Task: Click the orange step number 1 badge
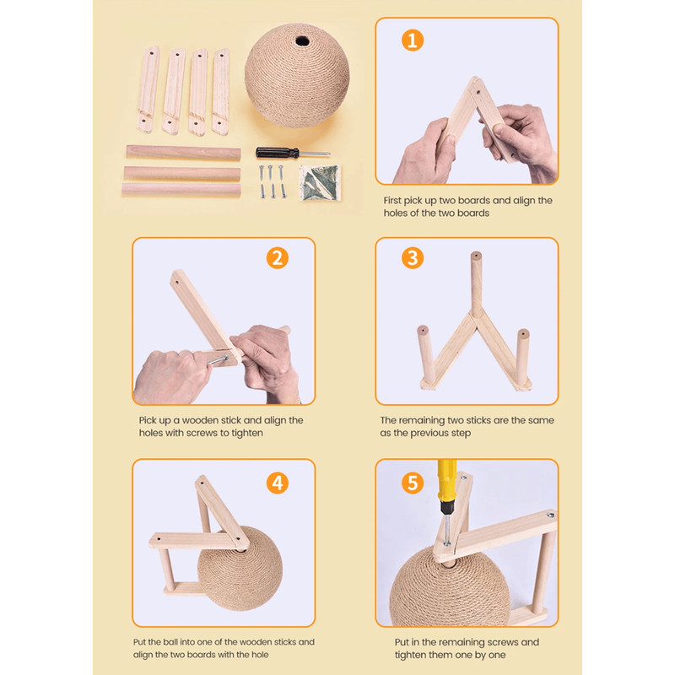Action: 413,40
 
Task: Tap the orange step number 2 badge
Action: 278,258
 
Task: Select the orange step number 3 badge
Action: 413,258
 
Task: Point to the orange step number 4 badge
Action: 278,483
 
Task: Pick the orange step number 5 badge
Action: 413,483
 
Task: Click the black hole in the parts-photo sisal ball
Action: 302,41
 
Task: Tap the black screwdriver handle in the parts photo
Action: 278,153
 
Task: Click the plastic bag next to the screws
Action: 320,182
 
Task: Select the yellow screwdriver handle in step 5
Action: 447,481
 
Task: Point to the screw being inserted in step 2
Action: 219,359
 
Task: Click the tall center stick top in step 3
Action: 476,256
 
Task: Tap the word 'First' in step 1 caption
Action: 392,201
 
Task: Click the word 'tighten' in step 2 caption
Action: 246,433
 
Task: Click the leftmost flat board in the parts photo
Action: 148,89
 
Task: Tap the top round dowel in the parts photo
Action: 183,153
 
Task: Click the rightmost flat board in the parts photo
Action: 220,92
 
